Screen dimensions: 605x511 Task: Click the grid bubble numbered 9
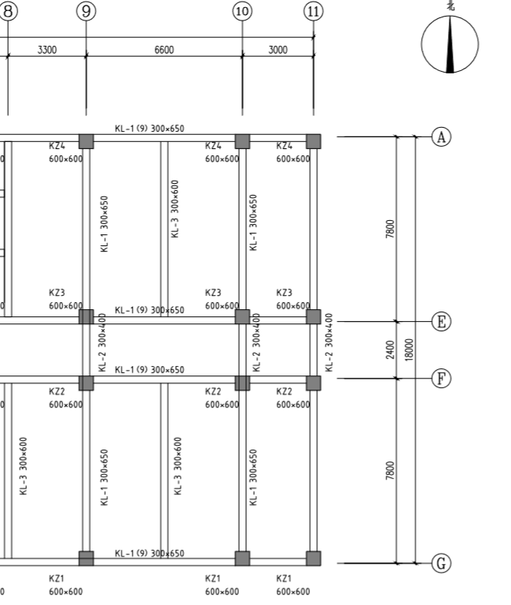(86, 11)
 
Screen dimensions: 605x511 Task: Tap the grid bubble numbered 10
(242, 11)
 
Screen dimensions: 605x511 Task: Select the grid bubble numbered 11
(314, 11)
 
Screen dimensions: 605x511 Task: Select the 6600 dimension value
(164, 50)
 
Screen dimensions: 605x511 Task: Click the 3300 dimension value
(47, 50)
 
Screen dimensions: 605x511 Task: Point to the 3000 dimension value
(278, 50)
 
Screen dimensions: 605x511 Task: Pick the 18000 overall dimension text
(408, 349)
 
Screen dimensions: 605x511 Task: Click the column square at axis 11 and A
(313, 141)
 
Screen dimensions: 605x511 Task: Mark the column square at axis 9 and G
(86, 558)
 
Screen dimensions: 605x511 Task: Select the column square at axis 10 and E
(242, 316)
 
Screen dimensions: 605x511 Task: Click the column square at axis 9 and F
(86, 383)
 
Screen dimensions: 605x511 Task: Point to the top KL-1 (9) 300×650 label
(150, 129)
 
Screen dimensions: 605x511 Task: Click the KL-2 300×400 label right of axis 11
(330, 343)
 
